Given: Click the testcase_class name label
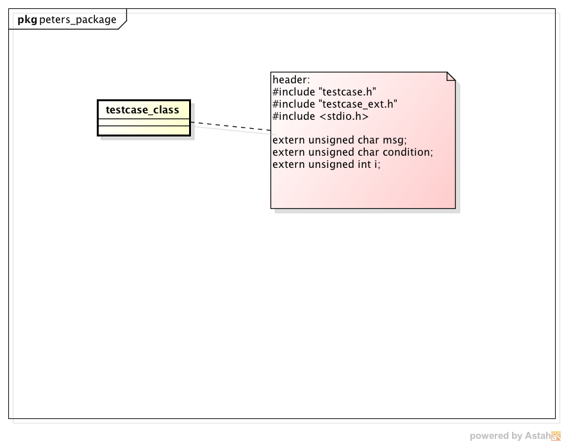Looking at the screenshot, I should (x=142, y=110).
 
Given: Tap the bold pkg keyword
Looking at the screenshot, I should (x=27, y=20).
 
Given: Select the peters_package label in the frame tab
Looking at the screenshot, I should (x=78, y=20).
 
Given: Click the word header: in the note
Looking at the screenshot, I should (x=291, y=80).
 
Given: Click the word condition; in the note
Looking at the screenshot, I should (x=408, y=152).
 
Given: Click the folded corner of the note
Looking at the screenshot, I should (x=451, y=76).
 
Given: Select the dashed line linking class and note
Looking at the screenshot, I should (x=231, y=127).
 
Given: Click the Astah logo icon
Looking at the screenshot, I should (x=556, y=436).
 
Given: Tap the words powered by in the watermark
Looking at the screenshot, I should (x=495, y=436).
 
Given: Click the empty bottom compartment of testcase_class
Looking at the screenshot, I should (x=144, y=131).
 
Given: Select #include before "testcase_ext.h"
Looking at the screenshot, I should (x=294, y=104).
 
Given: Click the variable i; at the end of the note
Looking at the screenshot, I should (x=377, y=165).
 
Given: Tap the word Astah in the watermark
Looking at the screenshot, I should (x=537, y=436).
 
